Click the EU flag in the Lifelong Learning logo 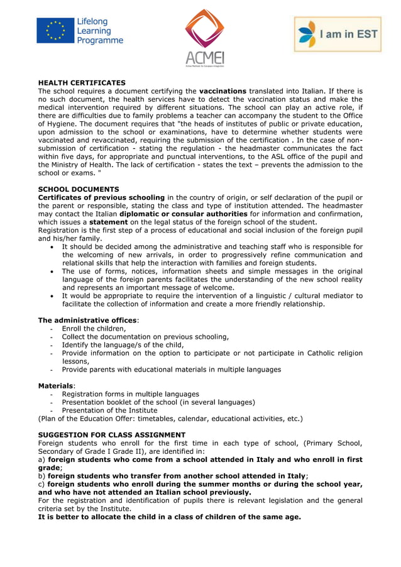coord(55,31)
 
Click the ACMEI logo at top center coord(204,38)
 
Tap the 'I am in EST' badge coord(338,34)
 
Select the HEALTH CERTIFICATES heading coord(82,82)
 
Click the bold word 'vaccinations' coord(222,91)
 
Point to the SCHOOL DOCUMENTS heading coord(79,189)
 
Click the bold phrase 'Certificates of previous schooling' coord(101,197)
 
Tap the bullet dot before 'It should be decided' coord(52,247)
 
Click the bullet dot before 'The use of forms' coord(52,272)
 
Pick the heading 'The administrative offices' coord(87,320)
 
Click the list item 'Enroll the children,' coord(94,328)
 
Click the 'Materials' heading coord(56,385)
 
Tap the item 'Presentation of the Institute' coord(109,410)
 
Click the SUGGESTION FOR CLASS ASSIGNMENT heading coord(112,434)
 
